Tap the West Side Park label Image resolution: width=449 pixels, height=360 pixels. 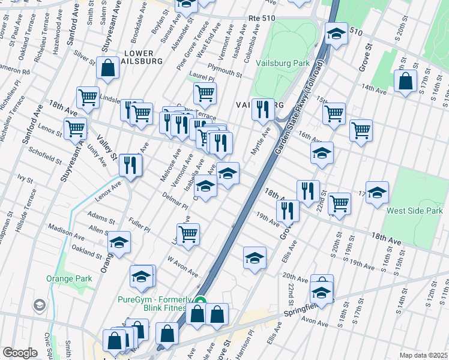click(x=415, y=211)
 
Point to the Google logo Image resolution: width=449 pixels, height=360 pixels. click(x=20, y=353)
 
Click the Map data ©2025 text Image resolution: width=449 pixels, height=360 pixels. click(x=424, y=355)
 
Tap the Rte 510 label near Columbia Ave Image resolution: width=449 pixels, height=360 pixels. click(x=261, y=19)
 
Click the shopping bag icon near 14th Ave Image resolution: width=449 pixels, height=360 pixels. click(x=406, y=82)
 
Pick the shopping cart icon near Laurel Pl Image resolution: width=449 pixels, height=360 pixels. click(x=205, y=94)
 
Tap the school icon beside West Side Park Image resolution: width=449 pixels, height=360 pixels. click(x=377, y=193)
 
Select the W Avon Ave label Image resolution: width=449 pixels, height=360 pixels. click(x=183, y=268)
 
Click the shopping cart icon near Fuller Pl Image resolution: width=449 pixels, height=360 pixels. click(x=188, y=234)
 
